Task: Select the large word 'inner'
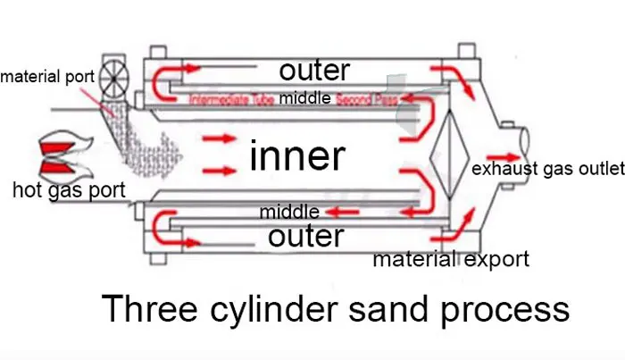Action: tap(296, 156)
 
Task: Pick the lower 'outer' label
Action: tap(305, 237)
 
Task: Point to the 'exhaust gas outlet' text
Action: tap(546, 169)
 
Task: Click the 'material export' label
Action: tap(451, 260)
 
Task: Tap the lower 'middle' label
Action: tap(287, 213)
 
